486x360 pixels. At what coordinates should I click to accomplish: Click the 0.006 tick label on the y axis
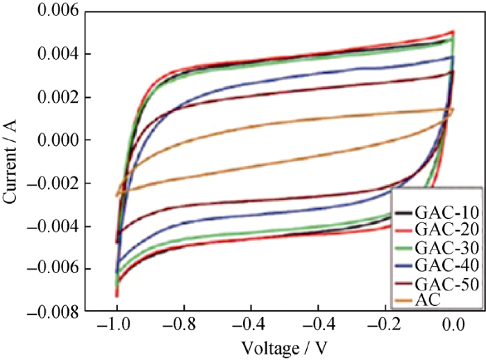(x=57, y=11)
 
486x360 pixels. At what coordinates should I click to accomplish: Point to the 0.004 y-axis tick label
(x=57, y=54)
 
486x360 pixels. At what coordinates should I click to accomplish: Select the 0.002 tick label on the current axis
(x=57, y=97)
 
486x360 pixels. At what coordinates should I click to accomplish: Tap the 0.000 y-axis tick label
(x=57, y=140)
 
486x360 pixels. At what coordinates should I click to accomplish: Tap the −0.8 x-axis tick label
(x=183, y=327)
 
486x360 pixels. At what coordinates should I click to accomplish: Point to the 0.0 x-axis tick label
(x=454, y=327)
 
